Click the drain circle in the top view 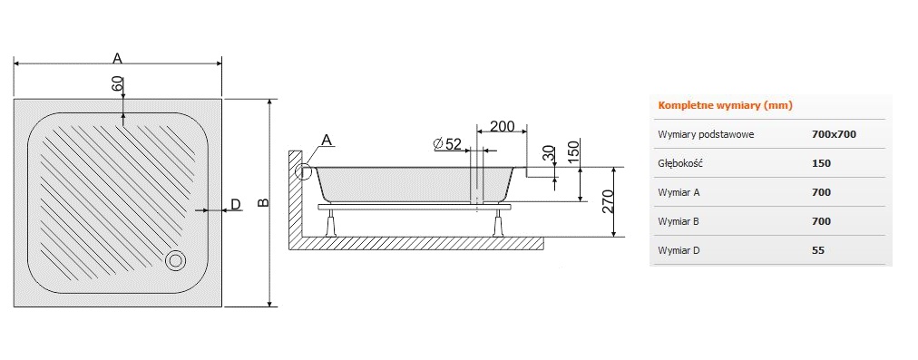click(175, 260)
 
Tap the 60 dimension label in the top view click(118, 83)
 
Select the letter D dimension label click(235, 204)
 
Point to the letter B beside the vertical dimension click(263, 202)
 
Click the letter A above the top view click(117, 58)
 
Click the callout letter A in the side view click(327, 140)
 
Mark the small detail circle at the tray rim click(304, 171)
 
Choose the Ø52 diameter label click(448, 144)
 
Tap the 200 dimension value click(502, 126)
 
